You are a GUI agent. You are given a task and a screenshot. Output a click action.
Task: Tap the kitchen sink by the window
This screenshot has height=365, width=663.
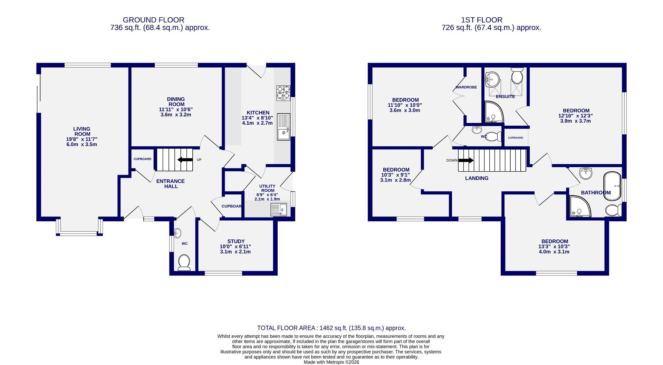(x=284, y=127)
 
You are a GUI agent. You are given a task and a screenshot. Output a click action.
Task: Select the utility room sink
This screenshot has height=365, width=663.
(x=279, y=210)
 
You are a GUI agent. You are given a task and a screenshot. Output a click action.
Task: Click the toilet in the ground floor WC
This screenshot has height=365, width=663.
(x=184, y=262)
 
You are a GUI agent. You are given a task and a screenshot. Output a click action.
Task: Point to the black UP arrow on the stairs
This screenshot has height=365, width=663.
(x=185, y=160)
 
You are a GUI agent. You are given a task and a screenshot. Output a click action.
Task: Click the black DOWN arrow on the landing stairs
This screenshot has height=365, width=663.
(x=466, y=160)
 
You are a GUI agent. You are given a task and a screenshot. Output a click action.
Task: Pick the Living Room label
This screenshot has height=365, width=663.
(x=82, y=132)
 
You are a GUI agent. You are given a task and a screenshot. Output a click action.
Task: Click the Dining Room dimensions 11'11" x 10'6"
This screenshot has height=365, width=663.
(x=176, y=109)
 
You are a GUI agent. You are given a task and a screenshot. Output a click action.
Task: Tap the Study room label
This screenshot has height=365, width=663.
(x=236, y=241)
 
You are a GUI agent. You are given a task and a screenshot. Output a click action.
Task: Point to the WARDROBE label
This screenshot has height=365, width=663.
(x=466, y=87)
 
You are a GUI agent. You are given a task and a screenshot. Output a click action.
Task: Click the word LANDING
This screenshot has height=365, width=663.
(x=477, y=178)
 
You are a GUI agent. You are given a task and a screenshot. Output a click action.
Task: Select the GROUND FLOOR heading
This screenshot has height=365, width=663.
(x=153, y=20)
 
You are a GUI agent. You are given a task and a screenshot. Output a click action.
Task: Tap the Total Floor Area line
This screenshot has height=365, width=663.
(x=331, y=328)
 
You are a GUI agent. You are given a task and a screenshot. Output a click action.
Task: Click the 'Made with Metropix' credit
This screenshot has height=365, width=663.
(x=331, y=362)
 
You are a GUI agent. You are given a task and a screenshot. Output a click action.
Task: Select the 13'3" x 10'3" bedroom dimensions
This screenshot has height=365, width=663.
(x=554, y=247)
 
